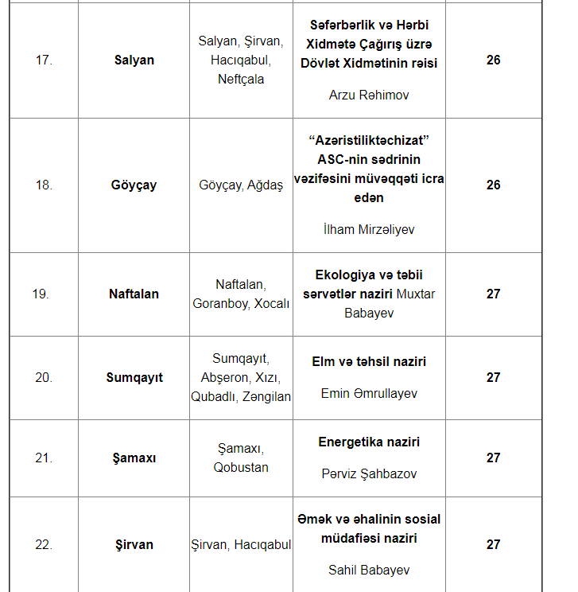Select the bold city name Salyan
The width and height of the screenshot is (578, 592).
[x=134, y=60]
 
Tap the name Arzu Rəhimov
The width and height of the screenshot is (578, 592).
[x=368, y=95]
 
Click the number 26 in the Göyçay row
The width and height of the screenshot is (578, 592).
[x=493, y=185]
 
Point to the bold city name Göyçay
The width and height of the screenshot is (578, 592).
[x=134, y=185]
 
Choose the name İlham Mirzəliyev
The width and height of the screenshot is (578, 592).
[x=368, y=229]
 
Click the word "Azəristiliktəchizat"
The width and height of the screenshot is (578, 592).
[x=369, y=140]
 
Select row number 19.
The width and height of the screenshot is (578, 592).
[x=41, y=294]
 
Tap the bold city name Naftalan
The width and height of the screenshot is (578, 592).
[x=134, y=294]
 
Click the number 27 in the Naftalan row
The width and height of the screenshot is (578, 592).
[x=493, y=294]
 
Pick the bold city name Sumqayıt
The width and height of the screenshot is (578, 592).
[x=134, y=377]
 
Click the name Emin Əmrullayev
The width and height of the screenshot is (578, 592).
[x=368, y=393]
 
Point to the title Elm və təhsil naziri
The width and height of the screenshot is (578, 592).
[x=368, y=361]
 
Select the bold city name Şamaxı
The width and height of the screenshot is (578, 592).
[x=134, y=458]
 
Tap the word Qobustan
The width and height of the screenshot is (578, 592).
[x=241, y=467]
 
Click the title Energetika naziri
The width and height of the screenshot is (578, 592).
[x=368, y=442]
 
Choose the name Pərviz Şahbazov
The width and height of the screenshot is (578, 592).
[x=368, y=473]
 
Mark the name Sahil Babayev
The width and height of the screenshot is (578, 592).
[x=368, y=570]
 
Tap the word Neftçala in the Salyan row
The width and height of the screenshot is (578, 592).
[x=241, y=79]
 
